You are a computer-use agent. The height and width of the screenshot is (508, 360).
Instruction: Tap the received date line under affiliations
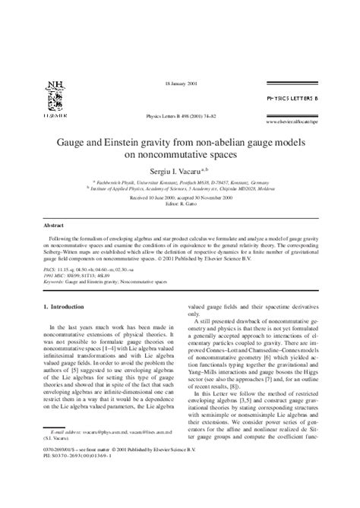(x=179, y=197)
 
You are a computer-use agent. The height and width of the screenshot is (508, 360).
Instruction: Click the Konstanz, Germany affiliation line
(x=179, y=183)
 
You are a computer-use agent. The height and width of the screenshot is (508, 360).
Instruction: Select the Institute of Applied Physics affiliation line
(x=179, y=189)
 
